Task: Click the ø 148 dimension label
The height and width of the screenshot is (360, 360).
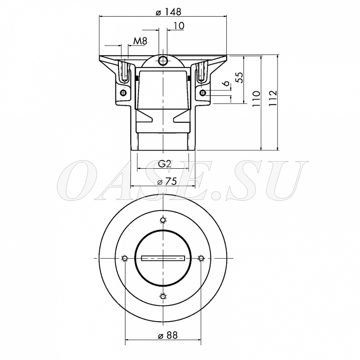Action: pos(169,12)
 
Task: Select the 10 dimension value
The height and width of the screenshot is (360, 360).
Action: pos(179,26)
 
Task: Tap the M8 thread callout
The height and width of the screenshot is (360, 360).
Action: pos(140,41)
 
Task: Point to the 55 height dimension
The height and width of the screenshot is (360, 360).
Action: pos(240,78)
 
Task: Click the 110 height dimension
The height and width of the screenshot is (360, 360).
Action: pos(256,98)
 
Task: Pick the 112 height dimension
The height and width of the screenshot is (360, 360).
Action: pos(273,98)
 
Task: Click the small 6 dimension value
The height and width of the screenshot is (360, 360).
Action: pos(226,83)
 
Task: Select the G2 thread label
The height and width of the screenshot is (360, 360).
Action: pos(165,164)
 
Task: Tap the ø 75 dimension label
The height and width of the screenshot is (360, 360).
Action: pos(167,182)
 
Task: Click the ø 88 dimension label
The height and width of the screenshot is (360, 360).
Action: pos(168,336)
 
